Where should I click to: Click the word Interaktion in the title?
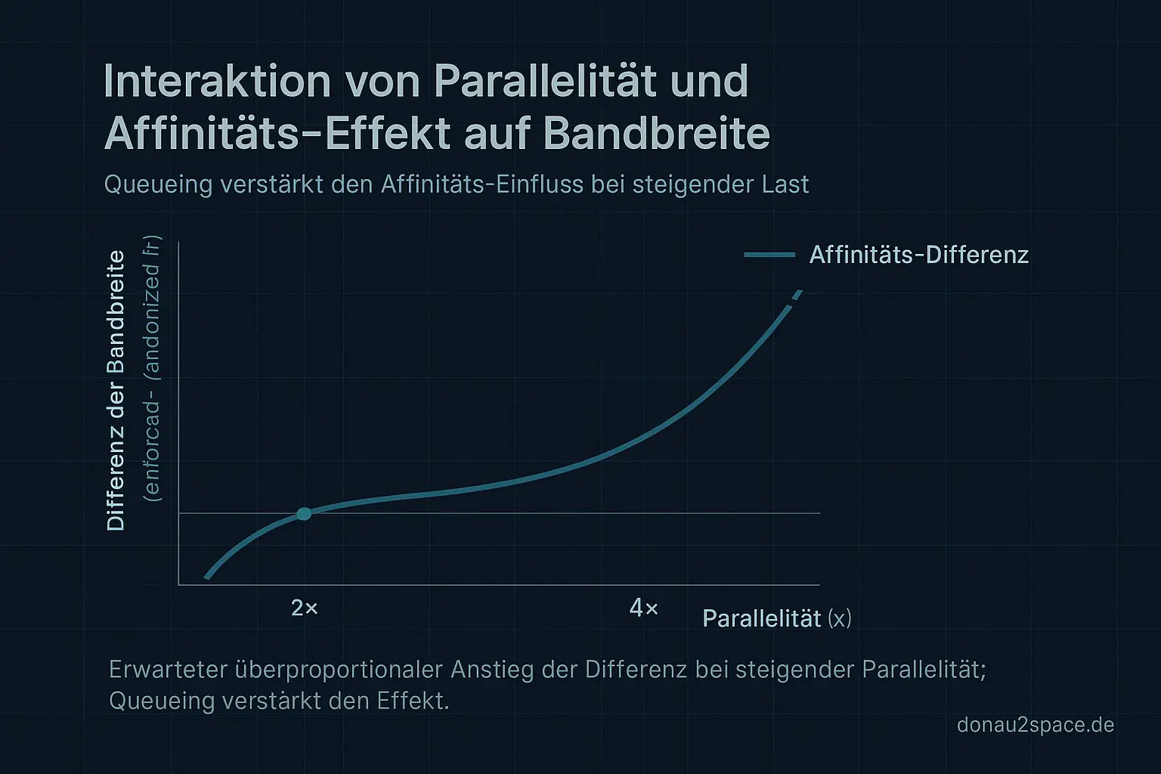pyautogui.click(x=217, y=82)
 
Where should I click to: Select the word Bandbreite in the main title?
pyautogui.click(x=656, y=135)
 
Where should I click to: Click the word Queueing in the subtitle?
pyautogui.click(x=158, y=184)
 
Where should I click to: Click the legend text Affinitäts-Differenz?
pyautogui.click(x=918, y=255)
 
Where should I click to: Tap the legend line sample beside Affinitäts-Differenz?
pyautogui.click(x=769, y=255)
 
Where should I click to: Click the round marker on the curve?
pyautogui.click(x=304, y=514)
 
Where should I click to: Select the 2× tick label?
pyautogui.click(x=305, y=608)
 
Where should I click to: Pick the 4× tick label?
pyautogui.click(x=644, y=608)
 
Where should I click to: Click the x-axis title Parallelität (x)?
pyautogui.click(x=776, y=618)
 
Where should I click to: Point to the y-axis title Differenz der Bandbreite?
pyautogui.click(x=116, y=390)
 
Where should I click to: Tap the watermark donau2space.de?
pyautogui.click(x=1035, y=725)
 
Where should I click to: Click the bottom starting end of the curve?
pyautogui.click(x=207, y=577)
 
